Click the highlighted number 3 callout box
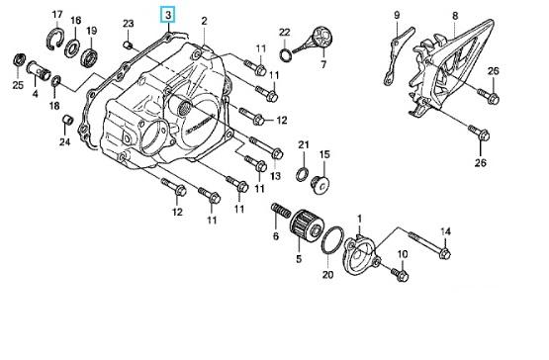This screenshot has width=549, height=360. (168, 15)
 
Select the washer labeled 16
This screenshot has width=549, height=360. (72, 48)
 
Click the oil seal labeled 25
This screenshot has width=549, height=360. (19, 60)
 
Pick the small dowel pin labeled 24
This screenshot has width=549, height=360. (67, 120)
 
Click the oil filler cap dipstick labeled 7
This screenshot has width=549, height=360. (314, 41)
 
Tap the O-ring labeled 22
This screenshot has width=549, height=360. (285, 54)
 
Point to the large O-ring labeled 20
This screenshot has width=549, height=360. (332, 239)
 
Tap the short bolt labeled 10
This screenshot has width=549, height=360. (400, 274)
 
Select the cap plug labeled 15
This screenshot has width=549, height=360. (320, 184)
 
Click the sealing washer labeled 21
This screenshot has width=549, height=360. (303, 174)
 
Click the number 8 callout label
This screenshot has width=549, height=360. (455, 16)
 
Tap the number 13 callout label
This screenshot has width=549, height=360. (276, 175)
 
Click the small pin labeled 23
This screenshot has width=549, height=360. (129, 45)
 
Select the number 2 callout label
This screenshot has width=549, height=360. (205, 21)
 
